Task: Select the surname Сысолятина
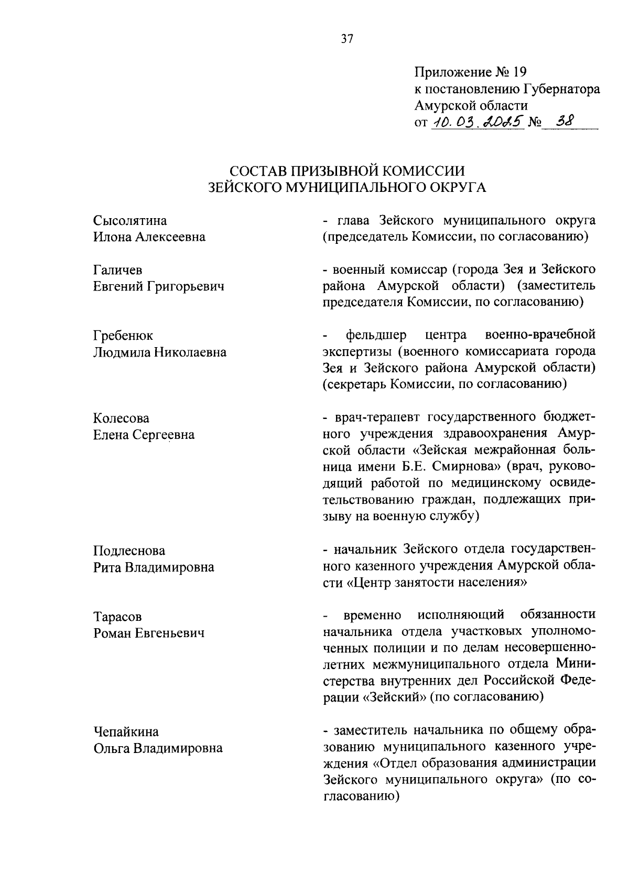[x=130, y=220]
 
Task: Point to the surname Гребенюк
[x=123, y=336]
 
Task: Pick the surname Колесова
[x=121, y=418]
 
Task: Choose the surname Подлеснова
[x=129, y=551]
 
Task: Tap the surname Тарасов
[x=117, y=617]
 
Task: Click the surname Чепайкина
[x=126, y=732]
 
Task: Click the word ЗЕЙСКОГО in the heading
[x=244, y=187]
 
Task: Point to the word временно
[x=373, y=615]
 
